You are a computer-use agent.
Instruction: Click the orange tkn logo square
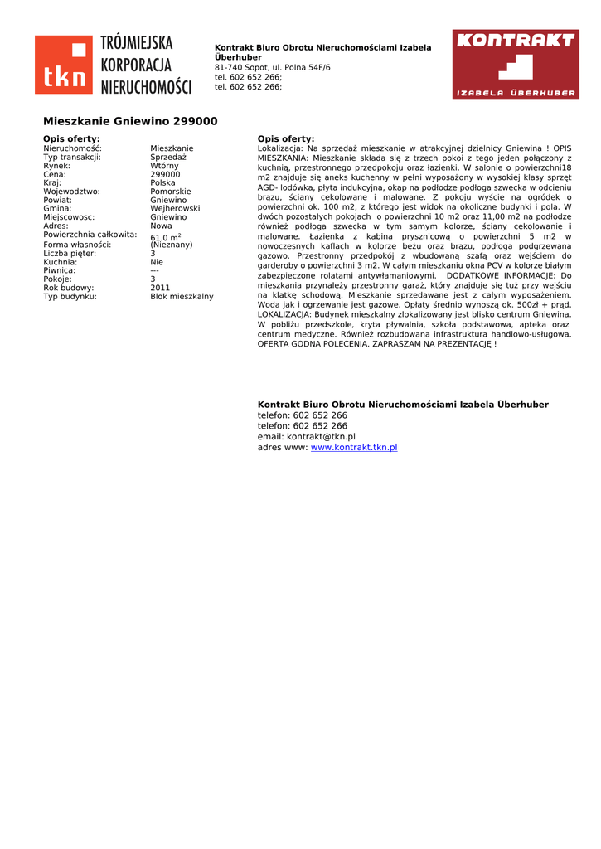[x=63, y=65]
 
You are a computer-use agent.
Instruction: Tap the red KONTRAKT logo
[x=516, y=65]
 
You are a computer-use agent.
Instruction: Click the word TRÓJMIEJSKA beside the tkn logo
[x=137, y=42]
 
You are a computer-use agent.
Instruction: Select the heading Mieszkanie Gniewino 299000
[x=130, y=121]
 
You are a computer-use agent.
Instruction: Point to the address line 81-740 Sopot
[x=272, y=67]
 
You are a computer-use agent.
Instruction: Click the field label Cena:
[x=55, y=174]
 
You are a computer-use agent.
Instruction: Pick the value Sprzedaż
[x=168, y=157]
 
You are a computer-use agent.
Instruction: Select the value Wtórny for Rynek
[x=164, y=166]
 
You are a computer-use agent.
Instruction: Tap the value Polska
[x=162, y=183]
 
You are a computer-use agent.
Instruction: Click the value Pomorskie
[x=171, y=192]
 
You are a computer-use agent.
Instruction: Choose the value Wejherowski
[x=175, y=209]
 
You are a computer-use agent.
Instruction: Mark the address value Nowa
[x=162, y=226]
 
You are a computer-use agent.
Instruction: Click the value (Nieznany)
[x=172, y=245]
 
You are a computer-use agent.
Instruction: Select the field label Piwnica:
[x=60, y=270]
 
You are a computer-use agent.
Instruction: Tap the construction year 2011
[x=160, y=288]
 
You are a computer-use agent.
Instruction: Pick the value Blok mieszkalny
[x=182, y=296]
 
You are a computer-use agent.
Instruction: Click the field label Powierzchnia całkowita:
[x=90, y=235]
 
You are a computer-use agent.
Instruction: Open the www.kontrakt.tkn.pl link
[x=354, y=447]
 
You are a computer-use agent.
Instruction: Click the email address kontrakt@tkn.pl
[x=321, y=436]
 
